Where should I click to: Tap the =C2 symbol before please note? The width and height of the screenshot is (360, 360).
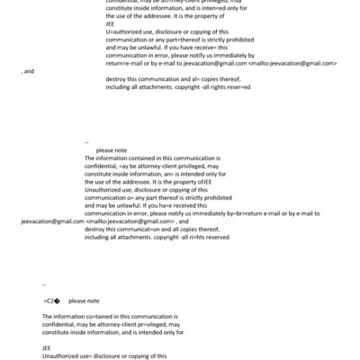click(50, 301)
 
